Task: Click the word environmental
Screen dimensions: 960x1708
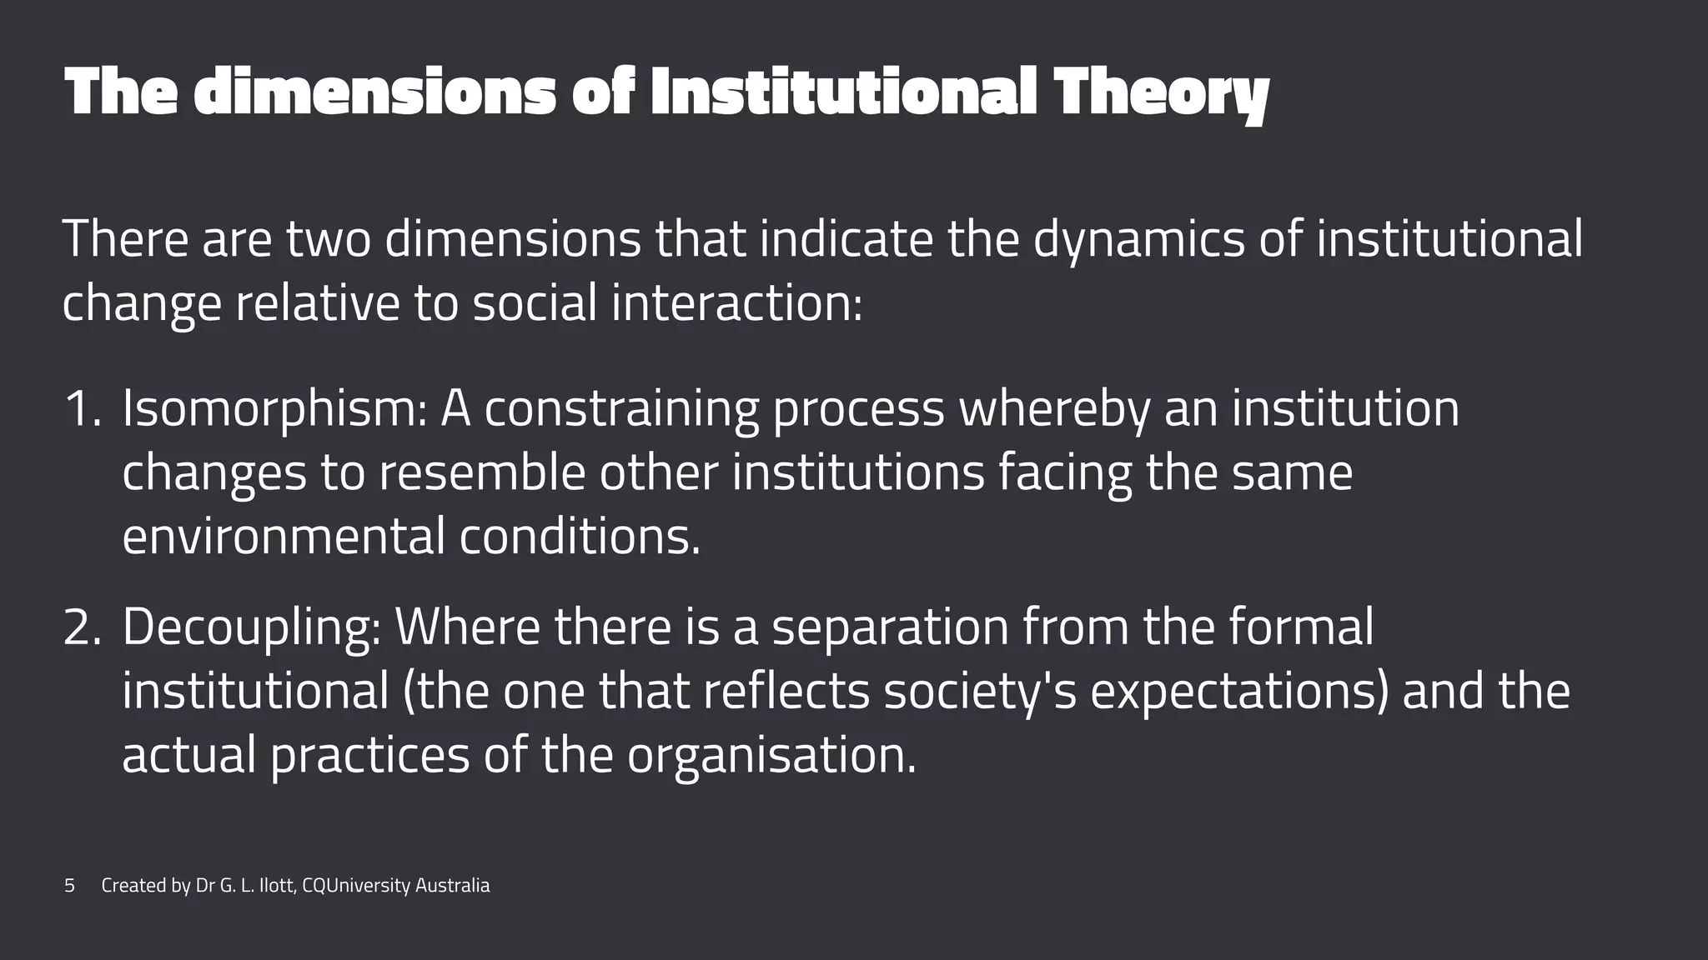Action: point(284,536)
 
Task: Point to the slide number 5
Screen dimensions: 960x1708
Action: point(69,886)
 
